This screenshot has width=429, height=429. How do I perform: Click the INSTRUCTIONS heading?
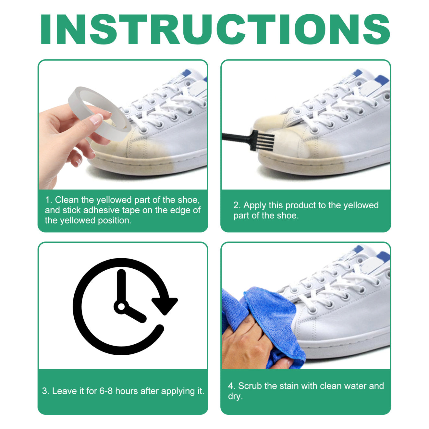pyautogui.click(x=215, y=29)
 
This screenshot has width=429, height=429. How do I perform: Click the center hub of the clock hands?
pyautogui.click(x=121, y=306)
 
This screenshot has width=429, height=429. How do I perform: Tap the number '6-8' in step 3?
pyautogui.click(x=106, y=391)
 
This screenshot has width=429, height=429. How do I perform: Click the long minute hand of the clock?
pyautogui.click(x=121, y=286)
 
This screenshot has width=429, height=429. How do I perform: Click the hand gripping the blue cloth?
pyautogui.click(x=243, y=344)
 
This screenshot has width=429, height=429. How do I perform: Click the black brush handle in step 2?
pyautogui.click(x=235, y=137)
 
